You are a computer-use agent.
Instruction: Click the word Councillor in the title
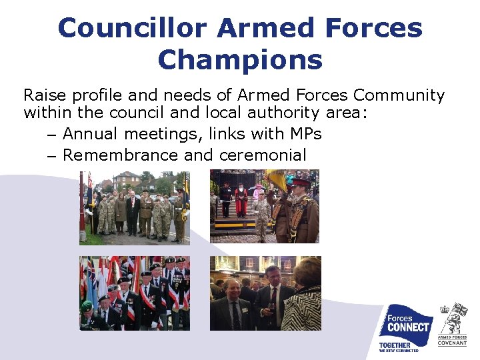coord(133,28)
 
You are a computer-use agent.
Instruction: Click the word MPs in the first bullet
coord(305,134)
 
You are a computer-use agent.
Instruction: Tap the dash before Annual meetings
coord(52,135)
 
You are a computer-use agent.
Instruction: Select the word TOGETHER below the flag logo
coord(395,345)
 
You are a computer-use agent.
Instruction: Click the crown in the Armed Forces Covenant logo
coord(444,309)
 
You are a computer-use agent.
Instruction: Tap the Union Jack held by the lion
coord(460,309)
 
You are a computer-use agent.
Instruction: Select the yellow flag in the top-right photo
coord(275,179)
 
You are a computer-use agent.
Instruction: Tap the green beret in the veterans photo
coord(87,306)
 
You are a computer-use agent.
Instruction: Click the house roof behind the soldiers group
coord(126,175)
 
